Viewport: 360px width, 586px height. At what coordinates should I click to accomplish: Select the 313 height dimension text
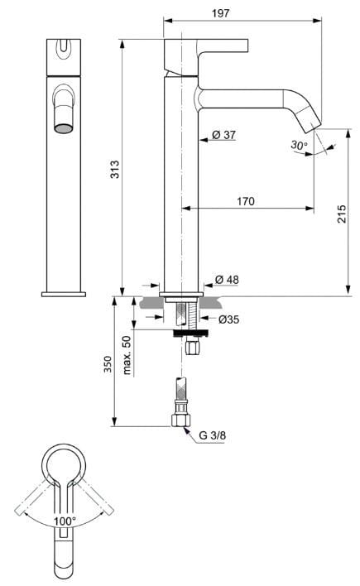[x=116, y=169]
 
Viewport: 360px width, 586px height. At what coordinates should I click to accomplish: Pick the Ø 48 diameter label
[x=226, y=279]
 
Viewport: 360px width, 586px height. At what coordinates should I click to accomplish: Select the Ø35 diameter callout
[x=229, y=319]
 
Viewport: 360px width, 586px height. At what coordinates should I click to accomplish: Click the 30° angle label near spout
[x=300, y=145]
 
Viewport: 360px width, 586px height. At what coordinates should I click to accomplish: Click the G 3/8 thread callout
[x=214, y=438]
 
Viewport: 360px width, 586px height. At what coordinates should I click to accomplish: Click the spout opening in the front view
[x=63, y=127]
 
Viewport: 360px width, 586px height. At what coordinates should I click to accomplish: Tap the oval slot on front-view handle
[x=63, y=50]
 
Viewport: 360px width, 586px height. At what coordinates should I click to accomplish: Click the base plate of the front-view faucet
[x=64, y=293]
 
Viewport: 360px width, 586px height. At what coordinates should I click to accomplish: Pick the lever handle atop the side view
[x=207, y=47]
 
